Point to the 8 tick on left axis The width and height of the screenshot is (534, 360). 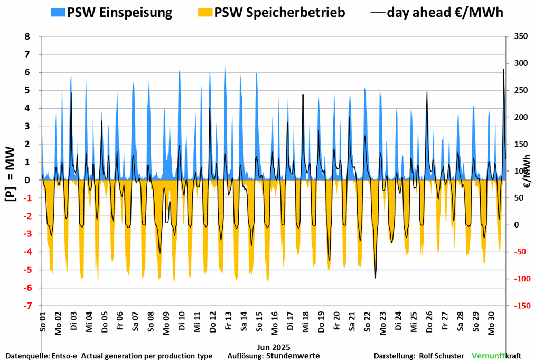[27, 36]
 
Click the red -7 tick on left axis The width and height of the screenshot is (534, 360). [26, 306]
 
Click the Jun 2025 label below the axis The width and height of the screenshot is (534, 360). [274, 347]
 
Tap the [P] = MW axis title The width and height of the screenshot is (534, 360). [10, 174]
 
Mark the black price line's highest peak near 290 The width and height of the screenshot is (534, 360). [503, 69]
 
